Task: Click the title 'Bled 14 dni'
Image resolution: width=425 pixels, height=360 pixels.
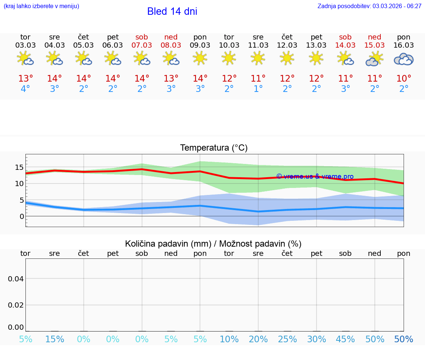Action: pyautogui.click(x=172, y=11)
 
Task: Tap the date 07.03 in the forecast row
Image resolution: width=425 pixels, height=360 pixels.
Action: pyautogui.click(x=142, y=45)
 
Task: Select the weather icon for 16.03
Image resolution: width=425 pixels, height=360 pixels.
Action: pyautogui.click(x=404, y=59)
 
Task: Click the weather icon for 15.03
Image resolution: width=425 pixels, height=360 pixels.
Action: pyautogui.click(x=374, y=59)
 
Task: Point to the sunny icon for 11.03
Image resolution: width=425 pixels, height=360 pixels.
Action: pyautogui.click(x=258, y=58)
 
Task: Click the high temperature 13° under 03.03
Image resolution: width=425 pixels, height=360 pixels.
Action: pyautogui.click(x=25, y=79)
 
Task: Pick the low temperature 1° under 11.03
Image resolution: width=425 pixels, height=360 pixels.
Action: pyautogui.click(x=258, y=89)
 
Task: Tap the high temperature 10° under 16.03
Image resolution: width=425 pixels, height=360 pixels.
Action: pyautogui.click(x=404, y=79)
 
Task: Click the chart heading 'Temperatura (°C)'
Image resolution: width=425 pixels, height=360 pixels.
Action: pyautogui.click(x=214, y=148)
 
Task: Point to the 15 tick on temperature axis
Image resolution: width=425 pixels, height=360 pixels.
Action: pyautogui.click(x=19, y=167)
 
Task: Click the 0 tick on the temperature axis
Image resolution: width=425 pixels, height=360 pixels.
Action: pyautogui.click(x=21, y=216)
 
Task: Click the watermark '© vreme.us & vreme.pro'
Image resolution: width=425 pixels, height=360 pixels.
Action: pyautogui.click(x=315, y=176)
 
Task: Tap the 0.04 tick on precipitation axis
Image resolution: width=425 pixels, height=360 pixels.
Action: pyautogui.click(x=16, y=279)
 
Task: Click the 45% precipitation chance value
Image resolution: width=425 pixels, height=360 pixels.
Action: pyautogui.click(x=345, y=339)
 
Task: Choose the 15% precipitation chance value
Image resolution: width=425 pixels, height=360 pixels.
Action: pyautogui.click(x=55, y=339)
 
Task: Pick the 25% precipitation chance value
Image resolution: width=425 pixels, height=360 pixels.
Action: pyautogui.click(x=287, y=339)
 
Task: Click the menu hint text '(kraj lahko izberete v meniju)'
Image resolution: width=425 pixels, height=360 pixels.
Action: pyautogui.click(x=41, y=6)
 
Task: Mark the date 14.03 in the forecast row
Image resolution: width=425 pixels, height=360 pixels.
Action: pyautogui.click(x=345, y=45)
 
